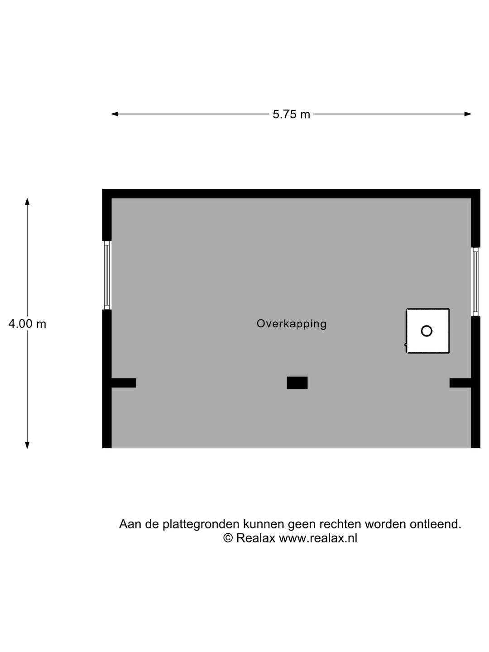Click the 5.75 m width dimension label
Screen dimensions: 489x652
[x=291, y=115]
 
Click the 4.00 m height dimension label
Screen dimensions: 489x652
[x=27, y=324]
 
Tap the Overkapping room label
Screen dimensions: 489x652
[x=292, y=324]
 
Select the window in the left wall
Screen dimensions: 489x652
[x=107, y=275]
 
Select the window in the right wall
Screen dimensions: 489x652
[x=475, y=282]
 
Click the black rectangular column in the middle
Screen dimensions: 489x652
[x=297, y=383]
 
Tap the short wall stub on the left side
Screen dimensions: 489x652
[x=124, y=383]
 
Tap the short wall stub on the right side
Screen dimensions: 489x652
[x=460, y=383]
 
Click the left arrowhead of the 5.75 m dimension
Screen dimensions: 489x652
[x=115, y=114]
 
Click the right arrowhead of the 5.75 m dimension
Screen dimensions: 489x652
[x=468, y=114]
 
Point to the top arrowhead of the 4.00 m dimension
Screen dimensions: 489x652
[x=27, y=201]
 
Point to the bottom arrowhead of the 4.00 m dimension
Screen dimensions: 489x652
[x=27, y=445]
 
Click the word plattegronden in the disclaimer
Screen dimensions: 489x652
[x=201, y=524]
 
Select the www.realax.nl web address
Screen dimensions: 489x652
[x=318, y=538]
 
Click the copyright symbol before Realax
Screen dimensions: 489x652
[x=228, y=538]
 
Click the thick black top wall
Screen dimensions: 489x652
[x=291, y=193]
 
